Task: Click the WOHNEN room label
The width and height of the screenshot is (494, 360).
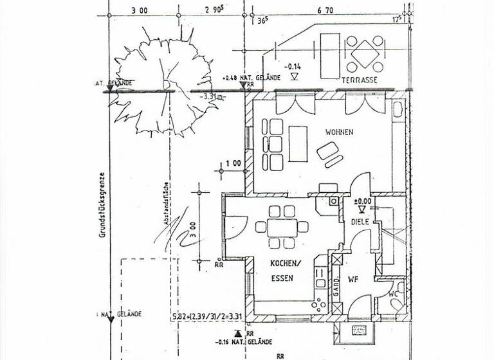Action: pyautogui.click(x=339, y=132)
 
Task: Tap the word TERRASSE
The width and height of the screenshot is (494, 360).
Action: pyautogui.click(x=359, y=80)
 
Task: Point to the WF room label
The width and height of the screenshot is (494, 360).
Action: pyautogui.click(x=353, y=280)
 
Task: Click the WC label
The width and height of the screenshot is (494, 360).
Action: pyautogui.click(x=394, y=294)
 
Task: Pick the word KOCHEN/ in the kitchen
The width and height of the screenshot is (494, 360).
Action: pyautogui.click(x=284, y=264)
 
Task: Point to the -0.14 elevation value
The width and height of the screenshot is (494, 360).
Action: pyautogui.click(x=294, y=66)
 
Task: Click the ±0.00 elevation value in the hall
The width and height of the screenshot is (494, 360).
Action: pyautogui.click(x=363, y=200)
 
